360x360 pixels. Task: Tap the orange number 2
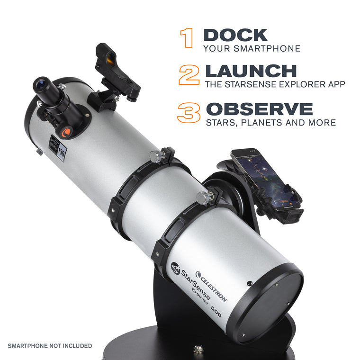[189, 75]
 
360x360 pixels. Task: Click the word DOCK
[235, 35]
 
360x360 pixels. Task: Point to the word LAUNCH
[250, 72]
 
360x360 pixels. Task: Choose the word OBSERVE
[259, 108]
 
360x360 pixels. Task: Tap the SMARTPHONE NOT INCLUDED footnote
[50, 346]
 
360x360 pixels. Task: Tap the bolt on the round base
[198, 348]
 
